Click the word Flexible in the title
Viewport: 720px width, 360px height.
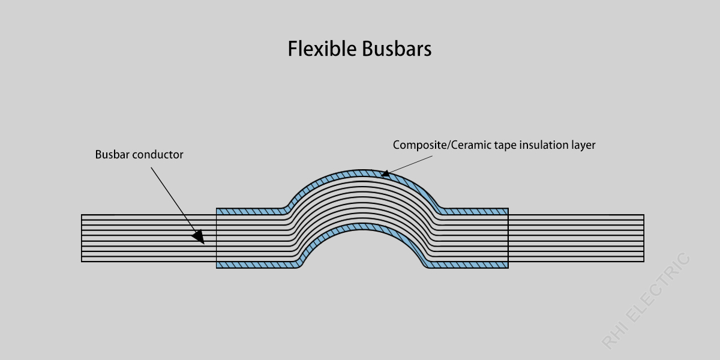(322, 49)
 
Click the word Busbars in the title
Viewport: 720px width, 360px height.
(396, 49)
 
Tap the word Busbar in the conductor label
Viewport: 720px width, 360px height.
(112, 155)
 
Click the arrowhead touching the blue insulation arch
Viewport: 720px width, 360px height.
(385, 175)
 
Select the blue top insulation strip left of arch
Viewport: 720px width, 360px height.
(249, 211)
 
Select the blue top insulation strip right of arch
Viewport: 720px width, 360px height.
(477, 211)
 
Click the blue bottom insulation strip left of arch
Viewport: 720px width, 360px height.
(255, 265)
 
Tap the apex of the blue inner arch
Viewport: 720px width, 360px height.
(362, 227)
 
